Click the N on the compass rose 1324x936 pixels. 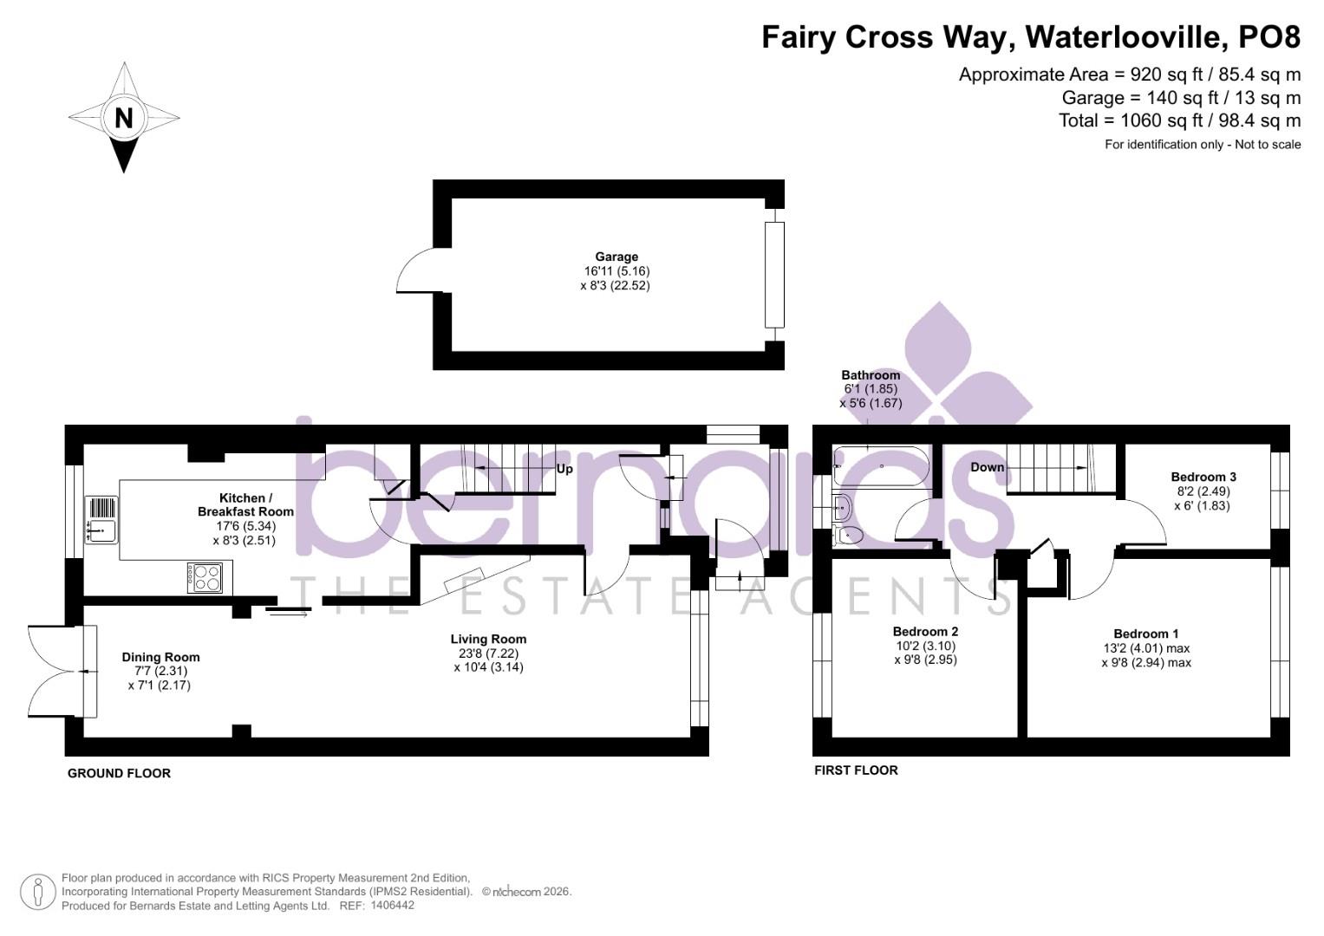(124, 117)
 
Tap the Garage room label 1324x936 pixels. (616, 257)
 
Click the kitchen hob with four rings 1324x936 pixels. (205, 577)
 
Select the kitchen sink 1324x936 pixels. (101, 519)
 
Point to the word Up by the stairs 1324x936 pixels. (564, 469)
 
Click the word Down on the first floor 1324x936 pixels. (987, 467)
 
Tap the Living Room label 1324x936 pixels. (488, 639)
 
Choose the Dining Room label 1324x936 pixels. (160, 657)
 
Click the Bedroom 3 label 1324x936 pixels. (1203, 477)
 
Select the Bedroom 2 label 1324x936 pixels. (925, 631)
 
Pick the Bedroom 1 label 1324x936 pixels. (1145, 634)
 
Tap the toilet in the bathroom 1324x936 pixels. (847, 536)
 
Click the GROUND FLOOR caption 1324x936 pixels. (119, 773)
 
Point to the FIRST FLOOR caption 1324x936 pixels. (856, 770)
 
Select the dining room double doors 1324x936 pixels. (54, 670)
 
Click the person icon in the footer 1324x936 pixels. (37, 892)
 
